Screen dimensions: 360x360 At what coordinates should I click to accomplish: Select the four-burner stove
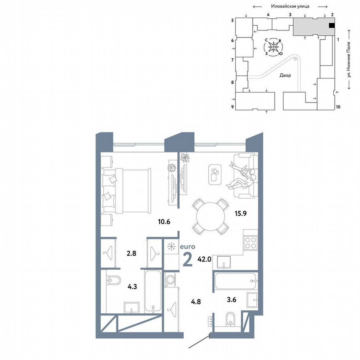click(251, 242)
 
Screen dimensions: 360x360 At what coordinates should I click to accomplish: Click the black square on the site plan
click(332, 25)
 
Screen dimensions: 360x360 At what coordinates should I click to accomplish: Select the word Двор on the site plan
click(285, 75)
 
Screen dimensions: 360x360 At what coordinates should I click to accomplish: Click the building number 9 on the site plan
click(232, 107)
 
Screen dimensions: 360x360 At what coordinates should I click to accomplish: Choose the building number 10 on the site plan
click(338, 107)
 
